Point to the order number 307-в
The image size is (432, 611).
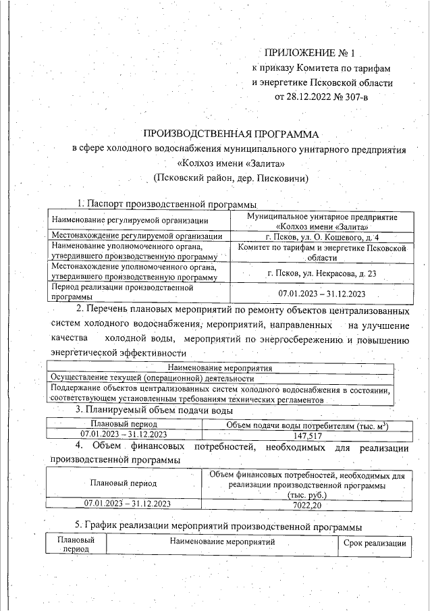coord(354,97)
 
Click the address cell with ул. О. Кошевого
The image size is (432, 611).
coord(322,236)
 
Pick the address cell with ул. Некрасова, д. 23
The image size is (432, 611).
coord(322,273)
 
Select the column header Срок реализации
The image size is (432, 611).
coord(374,543)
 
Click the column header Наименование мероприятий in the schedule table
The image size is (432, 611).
coord(222,542)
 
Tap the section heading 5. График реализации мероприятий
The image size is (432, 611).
coord(217,526)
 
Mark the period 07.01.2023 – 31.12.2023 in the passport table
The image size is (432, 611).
coord(322,293)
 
